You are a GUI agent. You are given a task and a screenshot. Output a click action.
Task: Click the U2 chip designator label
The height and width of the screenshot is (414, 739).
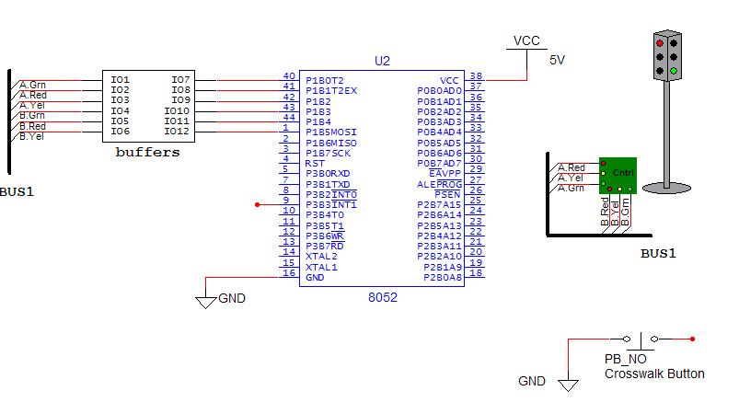click(x=382, y=61)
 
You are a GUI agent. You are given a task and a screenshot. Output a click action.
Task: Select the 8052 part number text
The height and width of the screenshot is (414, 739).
click(x=382, y=297)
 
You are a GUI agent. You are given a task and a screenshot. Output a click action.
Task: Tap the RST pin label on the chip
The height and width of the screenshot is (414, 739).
click(x=315, y=164)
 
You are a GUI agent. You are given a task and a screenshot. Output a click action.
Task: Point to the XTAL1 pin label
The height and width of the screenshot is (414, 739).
click(x=321, y=267)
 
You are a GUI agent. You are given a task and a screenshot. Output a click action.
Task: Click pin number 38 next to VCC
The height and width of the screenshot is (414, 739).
click(x=476, y=75)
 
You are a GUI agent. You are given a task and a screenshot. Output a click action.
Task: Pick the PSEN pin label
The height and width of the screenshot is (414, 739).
click(x=447, y=194)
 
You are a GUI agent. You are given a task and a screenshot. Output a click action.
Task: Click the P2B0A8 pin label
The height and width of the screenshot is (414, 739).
click(x=442, y=278)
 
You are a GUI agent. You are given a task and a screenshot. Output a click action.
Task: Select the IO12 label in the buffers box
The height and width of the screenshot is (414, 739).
click(x=177, y=131)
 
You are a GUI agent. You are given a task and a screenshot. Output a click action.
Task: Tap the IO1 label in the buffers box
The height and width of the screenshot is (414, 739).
click(x=121, y=80)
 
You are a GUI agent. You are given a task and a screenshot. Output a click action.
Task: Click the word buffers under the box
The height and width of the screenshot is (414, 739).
click(x=147, y=152)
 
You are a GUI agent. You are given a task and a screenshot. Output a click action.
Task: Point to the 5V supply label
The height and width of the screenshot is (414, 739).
click(x=557, y=61)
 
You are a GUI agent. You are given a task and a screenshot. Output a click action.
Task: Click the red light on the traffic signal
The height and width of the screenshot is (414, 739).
click(x=660, y=43)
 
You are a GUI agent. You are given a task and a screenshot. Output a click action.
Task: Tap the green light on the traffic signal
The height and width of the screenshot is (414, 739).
click(x=674, y=71)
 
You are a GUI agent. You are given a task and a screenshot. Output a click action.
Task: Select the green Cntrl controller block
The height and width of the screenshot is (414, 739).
click(x=618, y=175)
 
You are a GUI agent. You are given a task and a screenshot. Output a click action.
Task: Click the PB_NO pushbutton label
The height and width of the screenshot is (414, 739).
click(x=626, y=359)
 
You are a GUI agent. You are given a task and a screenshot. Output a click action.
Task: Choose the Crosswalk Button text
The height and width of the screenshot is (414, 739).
click(x=654, y=374)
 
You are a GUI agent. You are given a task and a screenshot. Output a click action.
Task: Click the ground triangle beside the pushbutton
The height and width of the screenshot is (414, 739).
click(x=568, y=385)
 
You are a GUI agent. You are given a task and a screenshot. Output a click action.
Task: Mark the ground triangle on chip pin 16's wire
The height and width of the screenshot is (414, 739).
click(x=205, y=303)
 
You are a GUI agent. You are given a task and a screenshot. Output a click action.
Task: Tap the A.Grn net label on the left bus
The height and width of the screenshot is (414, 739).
click(x=32, y=85)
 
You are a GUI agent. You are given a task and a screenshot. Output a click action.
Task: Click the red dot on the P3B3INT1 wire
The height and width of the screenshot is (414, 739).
click(x=258, y=205)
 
